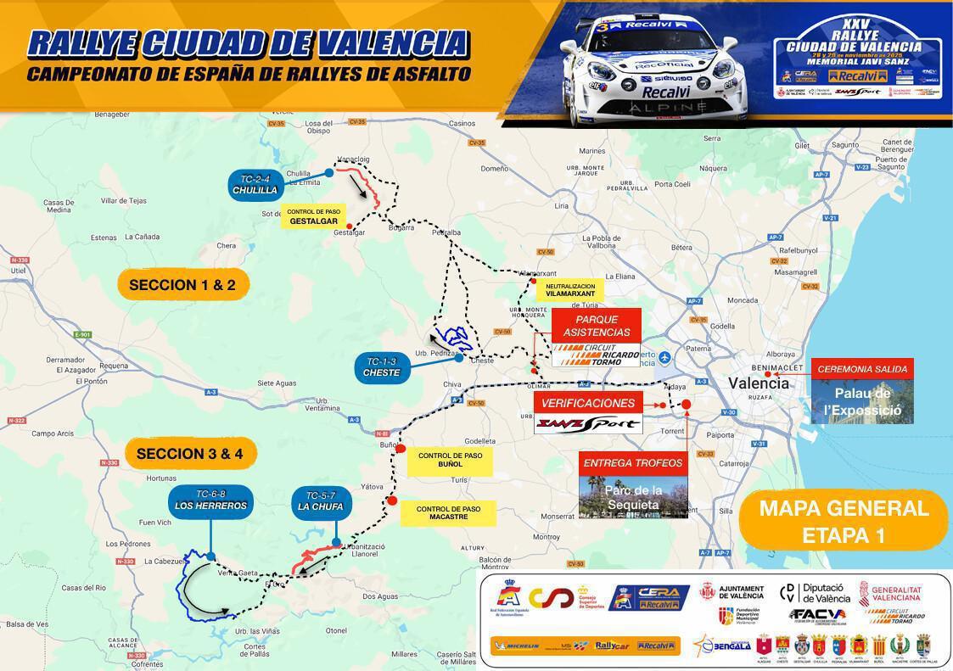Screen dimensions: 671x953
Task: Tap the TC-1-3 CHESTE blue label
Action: pyautogui.click(x=381, y=367)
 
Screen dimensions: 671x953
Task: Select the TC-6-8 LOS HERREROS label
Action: pyautogui.click(x=210, y=500)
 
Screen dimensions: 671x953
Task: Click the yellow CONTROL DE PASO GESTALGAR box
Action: pyautogui.click(x=313, y=216)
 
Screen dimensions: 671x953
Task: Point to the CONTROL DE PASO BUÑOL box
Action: pyautogui.click(x=450, y=460)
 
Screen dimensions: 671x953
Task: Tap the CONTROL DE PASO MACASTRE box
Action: pyautogui.click(x=448, y=512)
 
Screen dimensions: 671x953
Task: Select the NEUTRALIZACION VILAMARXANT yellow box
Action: pyautogui.click(x=569, y=291)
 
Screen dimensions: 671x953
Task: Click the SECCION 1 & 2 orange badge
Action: pyautogui.click(x=183, y=285)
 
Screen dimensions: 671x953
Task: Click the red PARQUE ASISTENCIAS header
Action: pyautogui.click(x=597, y=326)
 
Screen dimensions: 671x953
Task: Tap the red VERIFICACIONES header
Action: pyautogui.click(x=588, y=403)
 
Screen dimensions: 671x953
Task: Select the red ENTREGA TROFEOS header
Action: pyautogui.click(x=633, y=463)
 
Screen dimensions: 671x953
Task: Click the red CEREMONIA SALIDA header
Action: pyautogui.click(x=861, y=369)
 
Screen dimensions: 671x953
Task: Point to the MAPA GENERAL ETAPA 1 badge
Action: pyautogui.click(x=844, y=522)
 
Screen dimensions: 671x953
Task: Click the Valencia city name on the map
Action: pyautogui.click(x=759, y=383)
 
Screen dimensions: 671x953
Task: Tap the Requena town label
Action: pyautogui.click(x=112, y=366)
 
